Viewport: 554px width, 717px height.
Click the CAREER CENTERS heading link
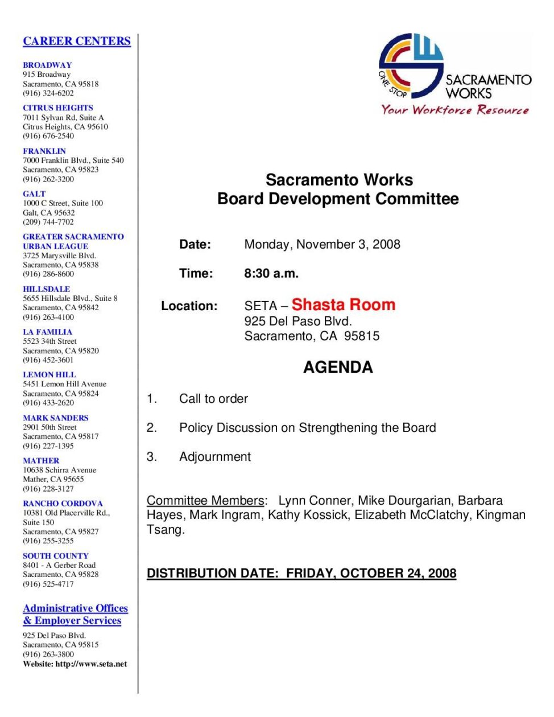77,41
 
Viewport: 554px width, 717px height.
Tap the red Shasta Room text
343,304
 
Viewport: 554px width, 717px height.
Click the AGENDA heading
338,367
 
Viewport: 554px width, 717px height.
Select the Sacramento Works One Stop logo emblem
411,65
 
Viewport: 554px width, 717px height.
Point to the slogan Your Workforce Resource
454,110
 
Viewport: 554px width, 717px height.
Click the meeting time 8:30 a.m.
271,273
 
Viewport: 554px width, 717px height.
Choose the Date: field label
195,244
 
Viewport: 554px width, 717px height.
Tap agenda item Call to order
213,398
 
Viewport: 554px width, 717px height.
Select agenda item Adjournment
215,456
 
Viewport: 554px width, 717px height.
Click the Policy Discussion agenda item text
307,427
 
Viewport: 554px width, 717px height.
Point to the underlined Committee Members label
205,500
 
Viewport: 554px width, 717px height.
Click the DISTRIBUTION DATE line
301,573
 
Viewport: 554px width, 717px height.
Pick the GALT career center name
34,193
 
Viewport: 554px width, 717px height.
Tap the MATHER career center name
41,460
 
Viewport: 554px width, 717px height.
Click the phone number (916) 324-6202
48,93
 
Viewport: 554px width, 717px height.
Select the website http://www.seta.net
91,664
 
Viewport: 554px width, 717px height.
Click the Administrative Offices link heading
75,608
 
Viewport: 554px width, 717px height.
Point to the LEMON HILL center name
49,374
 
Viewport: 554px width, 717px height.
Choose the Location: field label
189,306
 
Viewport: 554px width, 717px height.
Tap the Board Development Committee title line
338,199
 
